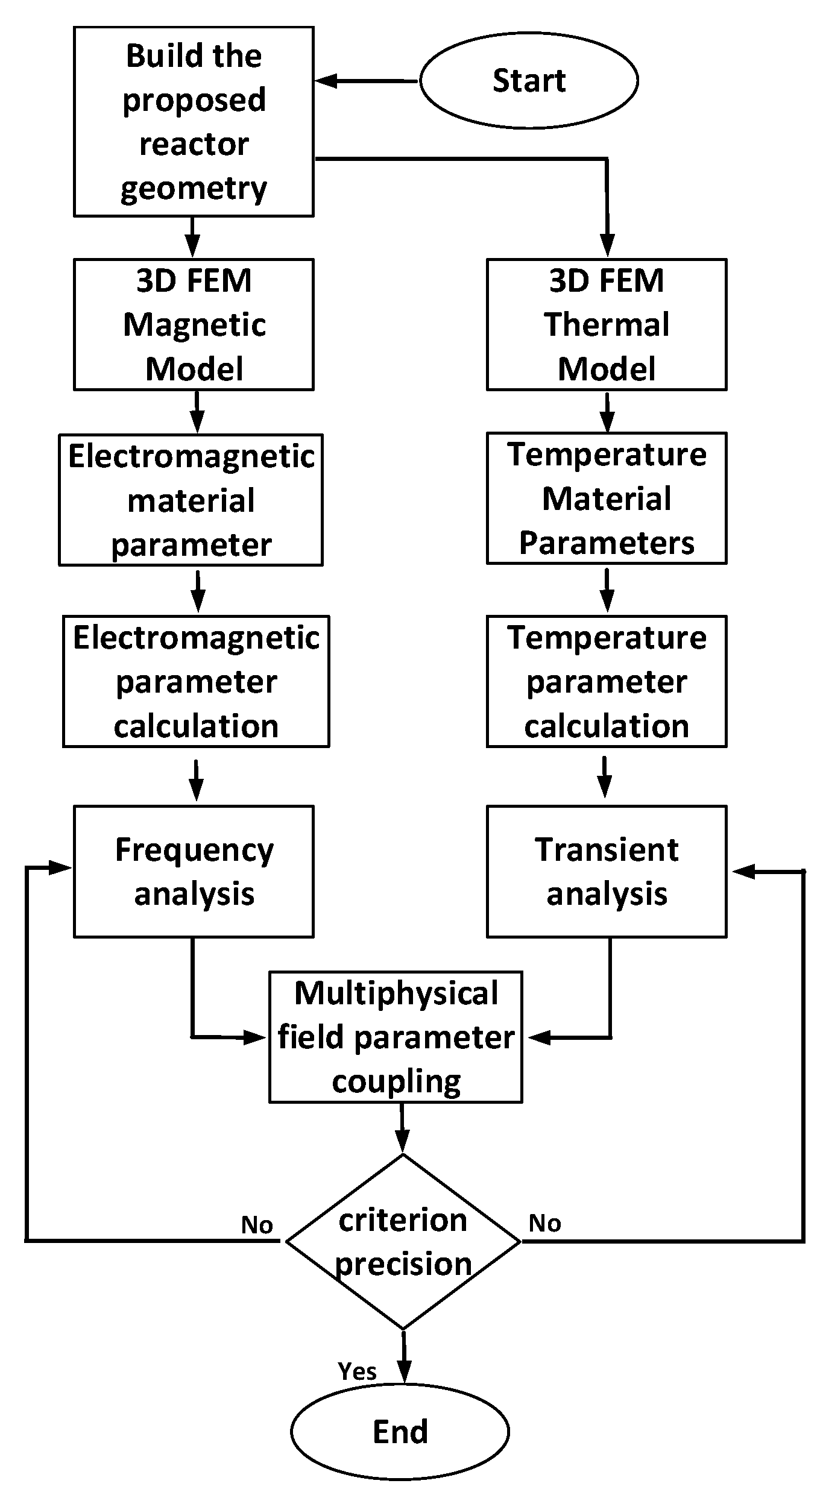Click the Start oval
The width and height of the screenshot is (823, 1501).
coord(529,81)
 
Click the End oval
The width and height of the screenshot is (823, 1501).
coord(400,1431)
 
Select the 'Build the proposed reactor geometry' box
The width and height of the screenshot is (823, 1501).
coord(194,122)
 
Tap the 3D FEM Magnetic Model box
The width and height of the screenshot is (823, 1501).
coord(194,325)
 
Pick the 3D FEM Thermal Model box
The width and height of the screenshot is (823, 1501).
coord(607,325)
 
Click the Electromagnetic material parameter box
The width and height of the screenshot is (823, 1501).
coord(191,500)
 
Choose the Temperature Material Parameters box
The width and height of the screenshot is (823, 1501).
coord(607,498)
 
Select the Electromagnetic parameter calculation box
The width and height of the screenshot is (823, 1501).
coord(196,681)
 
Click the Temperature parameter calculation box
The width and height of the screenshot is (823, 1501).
coord(607,681)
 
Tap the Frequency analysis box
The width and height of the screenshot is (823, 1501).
coord(194,871)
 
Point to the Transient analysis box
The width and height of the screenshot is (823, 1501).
coord(607,871)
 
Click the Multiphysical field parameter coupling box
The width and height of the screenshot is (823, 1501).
coord(396,1037)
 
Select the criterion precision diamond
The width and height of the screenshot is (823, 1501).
coord(403,1242)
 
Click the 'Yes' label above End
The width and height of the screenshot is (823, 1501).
coord(357,1371)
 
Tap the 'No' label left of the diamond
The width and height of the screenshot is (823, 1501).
coord(257,1225)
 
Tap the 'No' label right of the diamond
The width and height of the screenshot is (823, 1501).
coord(544,1223)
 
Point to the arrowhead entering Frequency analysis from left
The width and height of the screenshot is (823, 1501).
coord(61,867)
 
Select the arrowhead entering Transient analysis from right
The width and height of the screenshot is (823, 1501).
coord(743,872)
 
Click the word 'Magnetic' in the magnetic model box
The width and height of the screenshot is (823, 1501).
coord(194,325)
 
